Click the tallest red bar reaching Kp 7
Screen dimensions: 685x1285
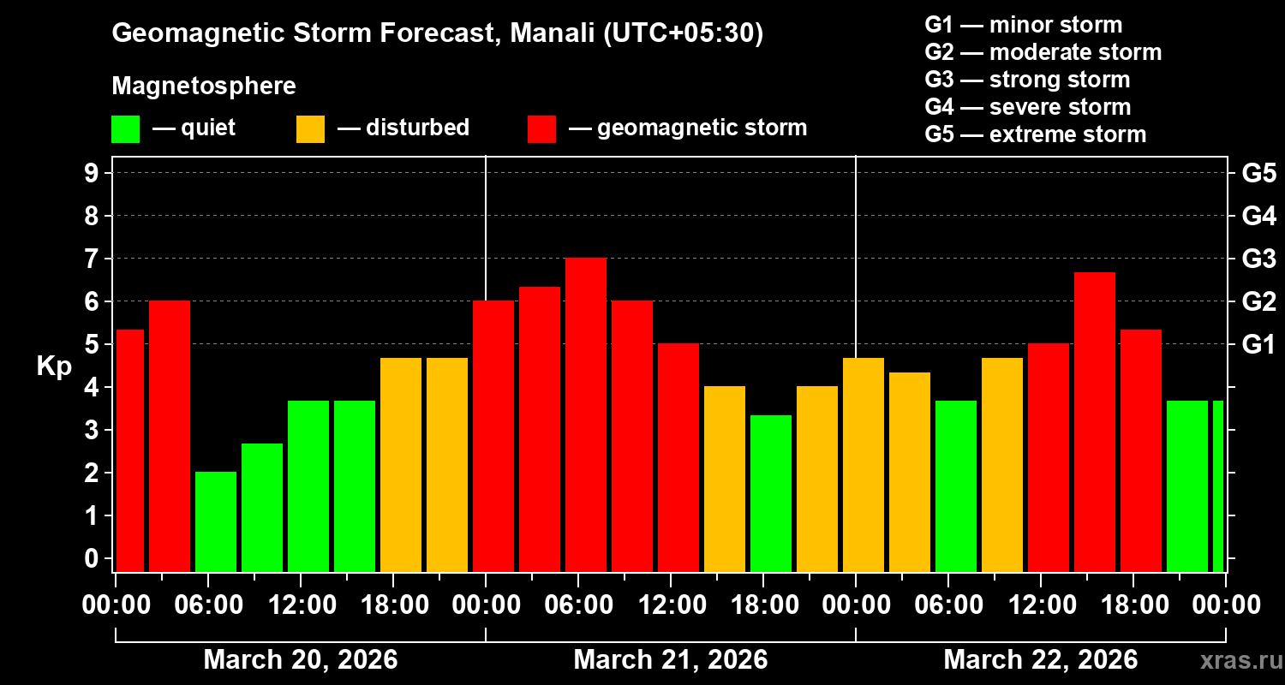[x=586, y=415]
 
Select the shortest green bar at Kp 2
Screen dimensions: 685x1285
[x=216, y=521]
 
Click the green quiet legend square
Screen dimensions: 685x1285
[x=125, y=129]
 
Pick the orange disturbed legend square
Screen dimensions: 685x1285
[x=310, y=129]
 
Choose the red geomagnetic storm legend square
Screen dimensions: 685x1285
[x=541, y=129]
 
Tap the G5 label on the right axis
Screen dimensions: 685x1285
[x=1258, y=174]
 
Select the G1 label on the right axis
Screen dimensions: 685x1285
[x=1258, y=345]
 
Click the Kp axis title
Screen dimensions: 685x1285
[x=54, y=366]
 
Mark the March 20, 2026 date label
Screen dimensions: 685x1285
[x=301, y=660]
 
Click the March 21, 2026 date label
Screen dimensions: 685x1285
[x=671, y=660]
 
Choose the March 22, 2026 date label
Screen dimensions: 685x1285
[x=1041, y=660]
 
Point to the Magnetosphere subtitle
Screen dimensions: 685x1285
[x=204, y=86]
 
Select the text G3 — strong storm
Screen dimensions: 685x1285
[x=1027, y=80]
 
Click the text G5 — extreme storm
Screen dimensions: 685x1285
[x=1035, y=134]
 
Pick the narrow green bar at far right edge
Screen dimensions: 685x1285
[x=1218, y=485]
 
